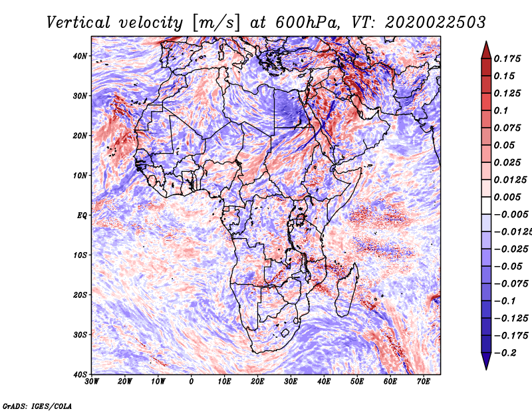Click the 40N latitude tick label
(80, 56)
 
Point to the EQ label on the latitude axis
(82, 215)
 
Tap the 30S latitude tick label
(80, 335)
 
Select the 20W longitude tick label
(125, 382)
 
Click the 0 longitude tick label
(192, 382)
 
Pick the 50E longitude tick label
(357, 382)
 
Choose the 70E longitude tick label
(423, 382)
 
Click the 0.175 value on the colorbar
(507, 59)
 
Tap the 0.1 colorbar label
(501, 110)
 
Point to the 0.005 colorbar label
(507, 197)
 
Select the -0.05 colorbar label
(508, 266)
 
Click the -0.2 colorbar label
(505, 352)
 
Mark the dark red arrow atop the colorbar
(486, 51)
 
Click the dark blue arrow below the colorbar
(486, 360)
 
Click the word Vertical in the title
(78, 23)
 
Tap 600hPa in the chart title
(307, 23)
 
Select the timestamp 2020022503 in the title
(436, 23)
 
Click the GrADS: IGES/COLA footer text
(37, 406)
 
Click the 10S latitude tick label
(80, 255)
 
